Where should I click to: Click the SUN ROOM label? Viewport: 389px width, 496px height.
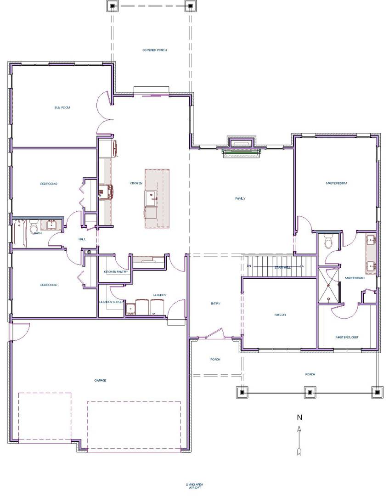point(62,107)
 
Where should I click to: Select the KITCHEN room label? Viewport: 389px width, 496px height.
point(136,184)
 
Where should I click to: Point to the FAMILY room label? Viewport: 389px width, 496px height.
point(240,198)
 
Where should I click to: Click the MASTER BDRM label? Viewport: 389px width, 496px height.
point(336,183)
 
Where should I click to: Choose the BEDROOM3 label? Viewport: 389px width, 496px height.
point(48,184)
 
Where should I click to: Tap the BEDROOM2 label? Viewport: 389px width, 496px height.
point(48,285)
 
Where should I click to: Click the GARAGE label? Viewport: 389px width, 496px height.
point(100,380)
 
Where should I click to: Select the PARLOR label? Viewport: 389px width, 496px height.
point(280,315)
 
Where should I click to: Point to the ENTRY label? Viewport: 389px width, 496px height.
point(215,304)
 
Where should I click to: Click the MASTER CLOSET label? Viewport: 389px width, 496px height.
point(346,337)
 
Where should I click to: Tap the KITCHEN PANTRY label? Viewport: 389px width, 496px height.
point(116,272)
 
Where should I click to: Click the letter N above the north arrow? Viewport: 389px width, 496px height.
point(299,417)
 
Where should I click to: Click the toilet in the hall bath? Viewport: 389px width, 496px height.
point(34,227)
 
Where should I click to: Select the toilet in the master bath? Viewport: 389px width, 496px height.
point(328,242)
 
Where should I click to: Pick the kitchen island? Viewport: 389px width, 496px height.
point(157,198)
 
